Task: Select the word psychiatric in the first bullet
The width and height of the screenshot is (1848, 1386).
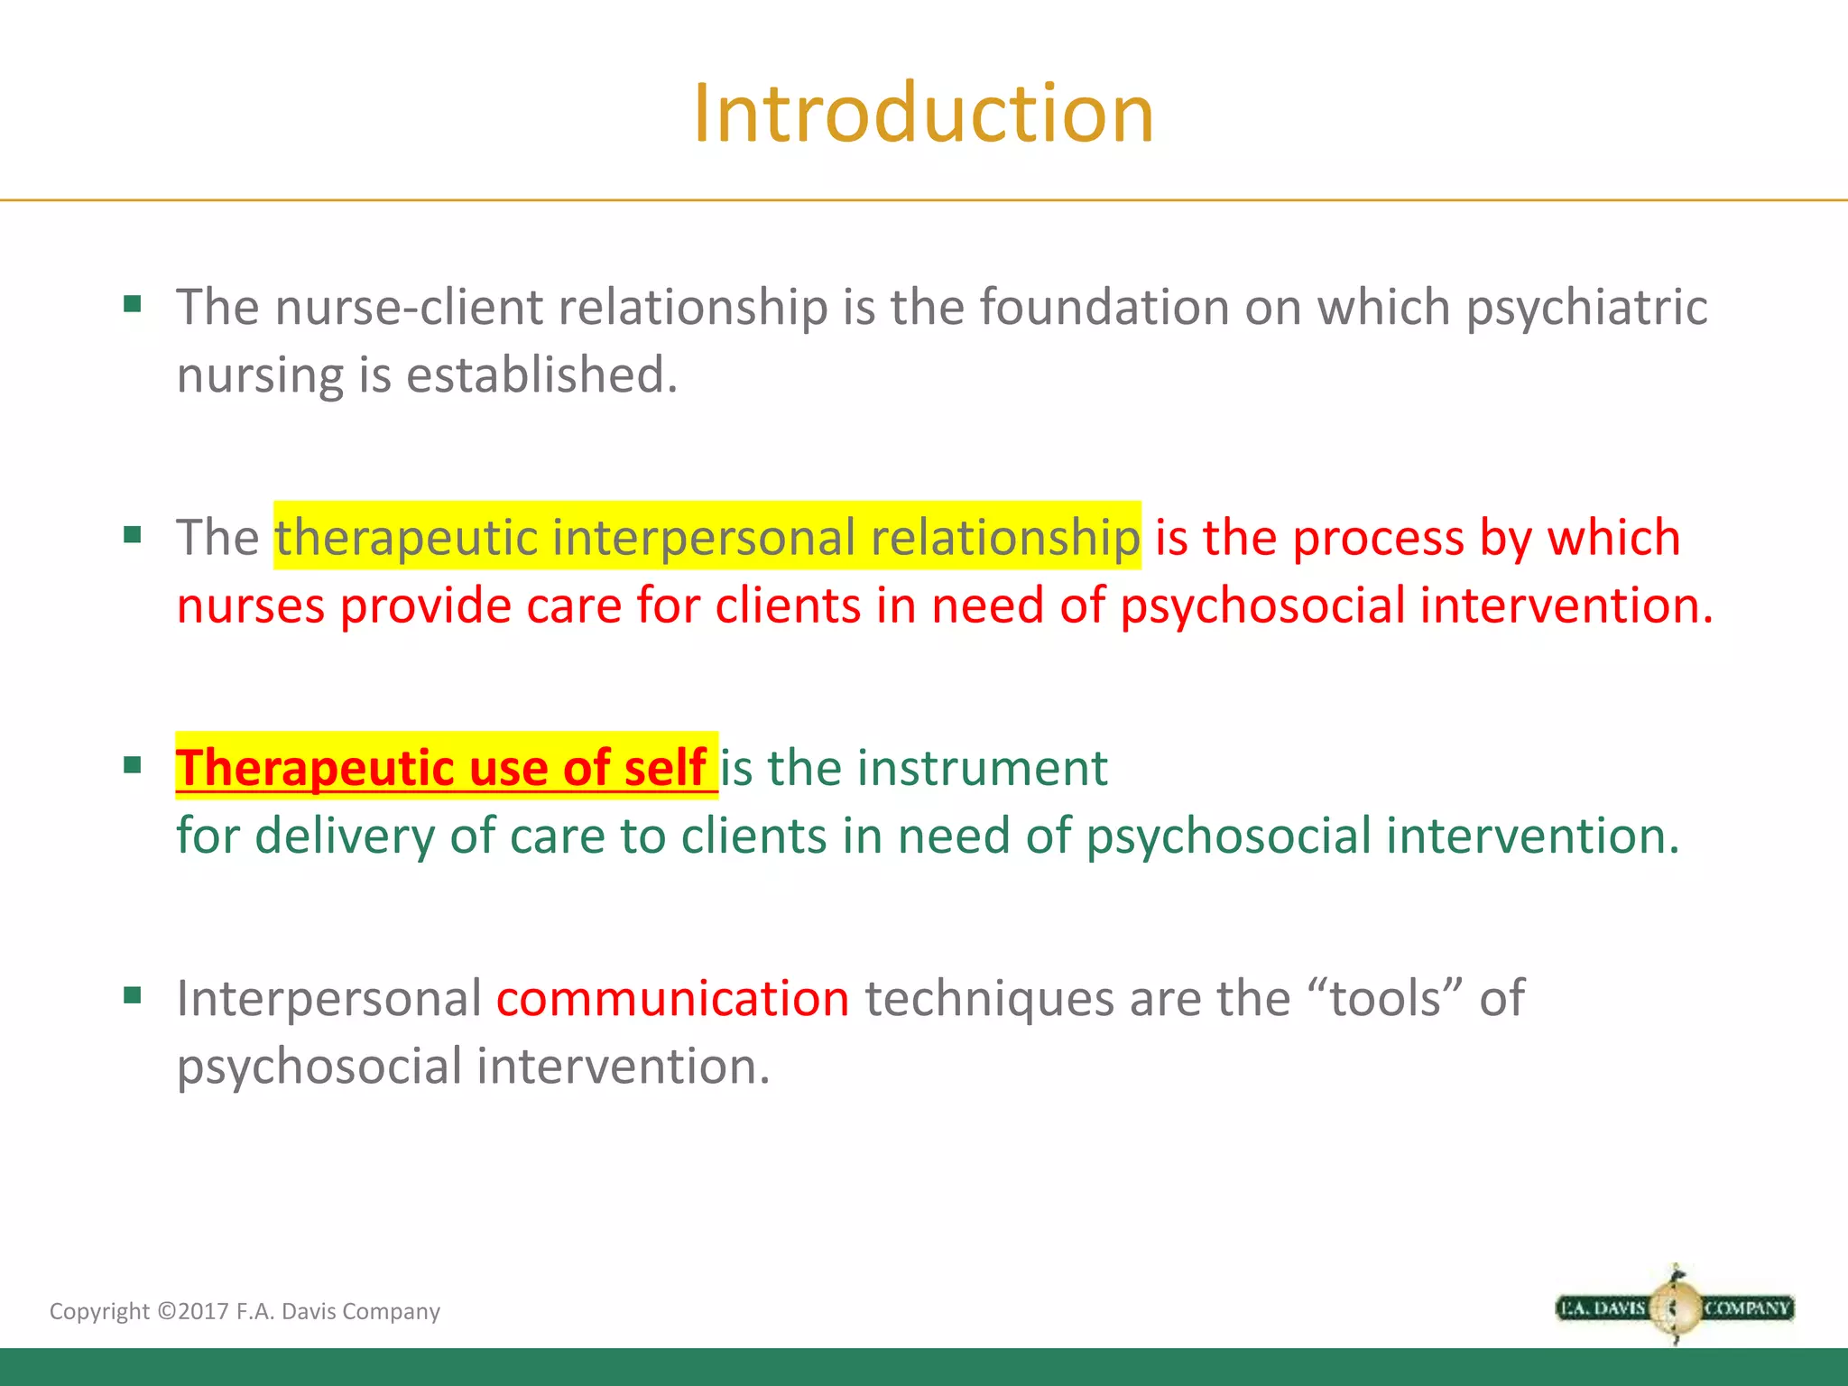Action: (1586, 309)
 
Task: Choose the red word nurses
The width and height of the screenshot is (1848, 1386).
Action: (250, 606)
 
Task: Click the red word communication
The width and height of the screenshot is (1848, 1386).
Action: (672, 999)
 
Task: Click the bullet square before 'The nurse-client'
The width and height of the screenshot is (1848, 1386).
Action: (133, 304)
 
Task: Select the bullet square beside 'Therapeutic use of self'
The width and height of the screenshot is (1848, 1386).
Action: (133, 766)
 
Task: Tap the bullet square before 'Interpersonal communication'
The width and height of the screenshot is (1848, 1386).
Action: (133, 995)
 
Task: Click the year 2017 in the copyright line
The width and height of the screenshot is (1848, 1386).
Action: (203, 1311)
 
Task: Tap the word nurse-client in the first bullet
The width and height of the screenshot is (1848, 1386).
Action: (409, 307)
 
